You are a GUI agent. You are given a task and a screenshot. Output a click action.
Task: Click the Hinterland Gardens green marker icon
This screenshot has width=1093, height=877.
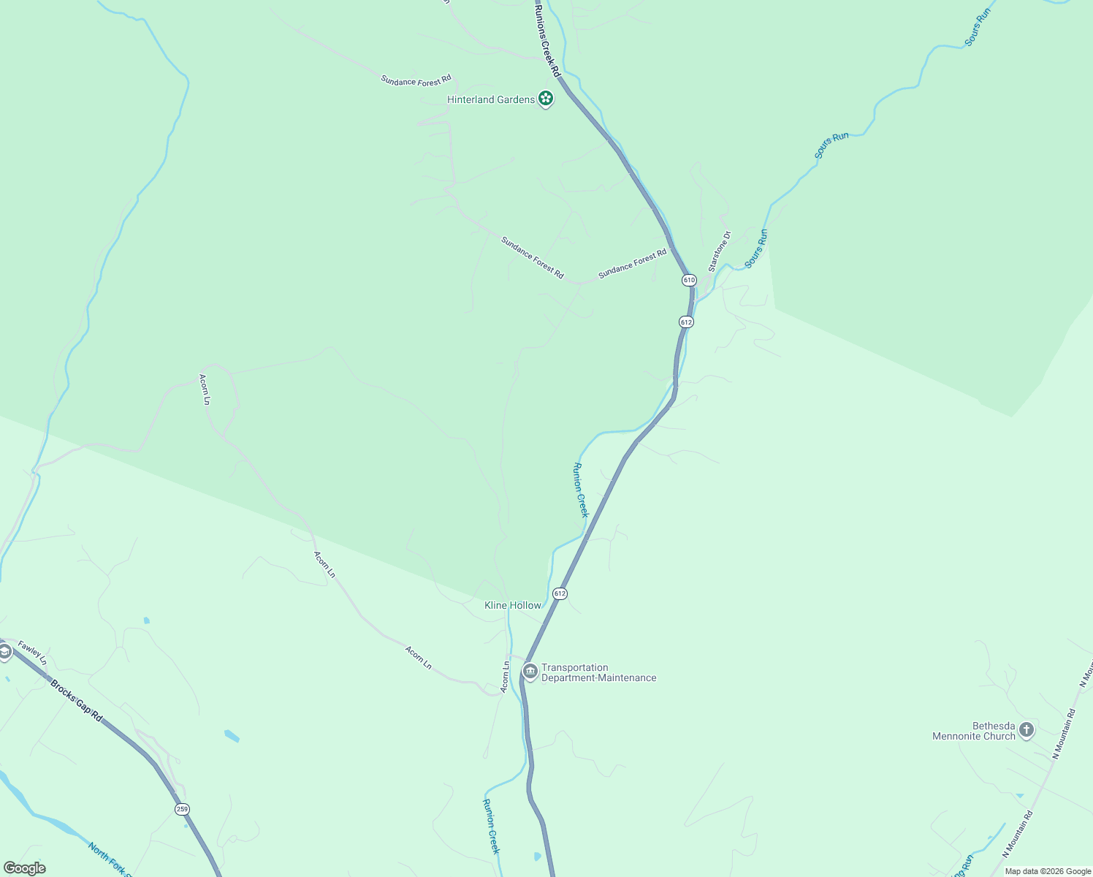545,99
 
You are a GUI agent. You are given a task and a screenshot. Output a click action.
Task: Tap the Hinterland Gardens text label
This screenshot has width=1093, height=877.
491,99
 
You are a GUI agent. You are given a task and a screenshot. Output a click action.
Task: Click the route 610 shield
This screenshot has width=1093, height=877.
689,280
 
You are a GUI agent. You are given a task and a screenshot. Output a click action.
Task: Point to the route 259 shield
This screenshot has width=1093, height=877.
182,809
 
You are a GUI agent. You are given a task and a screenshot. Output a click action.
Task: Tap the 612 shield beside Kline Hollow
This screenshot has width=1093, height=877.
560,593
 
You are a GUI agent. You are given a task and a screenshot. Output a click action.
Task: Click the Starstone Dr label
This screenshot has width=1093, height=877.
719,251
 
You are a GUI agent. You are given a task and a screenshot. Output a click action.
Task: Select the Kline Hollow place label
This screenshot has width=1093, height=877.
513,605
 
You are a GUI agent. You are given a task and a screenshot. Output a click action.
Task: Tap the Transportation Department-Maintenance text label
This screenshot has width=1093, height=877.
598,672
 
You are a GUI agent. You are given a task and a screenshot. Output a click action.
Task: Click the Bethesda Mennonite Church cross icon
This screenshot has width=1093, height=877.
1027,729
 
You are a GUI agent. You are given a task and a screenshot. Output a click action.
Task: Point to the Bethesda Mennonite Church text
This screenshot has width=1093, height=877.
974,731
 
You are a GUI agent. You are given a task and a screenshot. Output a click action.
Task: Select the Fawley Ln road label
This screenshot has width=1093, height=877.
33,652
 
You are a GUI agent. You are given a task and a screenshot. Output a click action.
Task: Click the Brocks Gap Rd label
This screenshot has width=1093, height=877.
76,701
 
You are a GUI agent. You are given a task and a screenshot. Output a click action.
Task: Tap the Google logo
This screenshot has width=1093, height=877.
24,868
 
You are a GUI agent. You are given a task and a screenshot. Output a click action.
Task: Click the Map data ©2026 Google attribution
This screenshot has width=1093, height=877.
1048,871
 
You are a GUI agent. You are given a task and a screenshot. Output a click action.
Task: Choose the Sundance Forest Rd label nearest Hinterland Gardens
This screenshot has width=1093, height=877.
416,80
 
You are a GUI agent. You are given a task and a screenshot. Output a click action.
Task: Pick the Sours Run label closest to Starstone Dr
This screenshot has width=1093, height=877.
756,248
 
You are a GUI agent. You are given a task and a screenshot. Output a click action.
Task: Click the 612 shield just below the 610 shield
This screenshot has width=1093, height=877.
685,322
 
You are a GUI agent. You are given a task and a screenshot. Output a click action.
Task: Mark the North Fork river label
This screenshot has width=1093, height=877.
109,859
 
